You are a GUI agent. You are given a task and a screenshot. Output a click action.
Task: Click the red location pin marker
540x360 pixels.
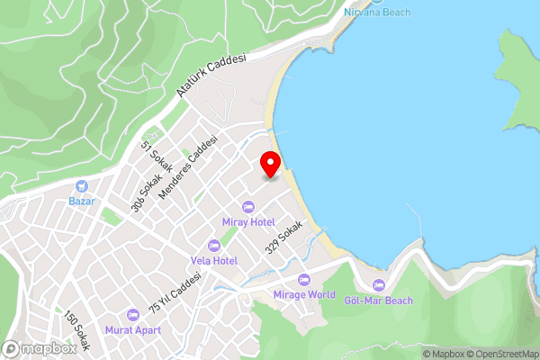270,165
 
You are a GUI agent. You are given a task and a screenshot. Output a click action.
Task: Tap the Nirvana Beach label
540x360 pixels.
377,13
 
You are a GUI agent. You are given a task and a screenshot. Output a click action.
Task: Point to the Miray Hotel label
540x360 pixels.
249,221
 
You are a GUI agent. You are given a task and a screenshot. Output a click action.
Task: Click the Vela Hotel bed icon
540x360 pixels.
213,246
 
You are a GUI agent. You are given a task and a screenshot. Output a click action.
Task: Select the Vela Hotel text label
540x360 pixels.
213,260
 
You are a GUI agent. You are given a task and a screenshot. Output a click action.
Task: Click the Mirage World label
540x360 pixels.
304,294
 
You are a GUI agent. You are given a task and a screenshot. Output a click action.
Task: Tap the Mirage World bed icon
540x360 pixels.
304,280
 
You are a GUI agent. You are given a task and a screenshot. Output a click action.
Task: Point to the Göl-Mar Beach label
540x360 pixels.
379,301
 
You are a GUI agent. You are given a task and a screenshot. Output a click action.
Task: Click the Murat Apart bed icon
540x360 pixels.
133,314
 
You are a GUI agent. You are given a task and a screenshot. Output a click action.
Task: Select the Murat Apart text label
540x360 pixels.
133,329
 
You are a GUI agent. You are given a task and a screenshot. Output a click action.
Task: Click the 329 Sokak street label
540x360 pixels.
283,238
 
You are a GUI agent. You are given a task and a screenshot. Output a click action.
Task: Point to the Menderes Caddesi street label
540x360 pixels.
188,168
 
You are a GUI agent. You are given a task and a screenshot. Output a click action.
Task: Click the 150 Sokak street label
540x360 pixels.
77,330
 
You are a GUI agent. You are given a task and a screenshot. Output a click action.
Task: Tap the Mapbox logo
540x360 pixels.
40,348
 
